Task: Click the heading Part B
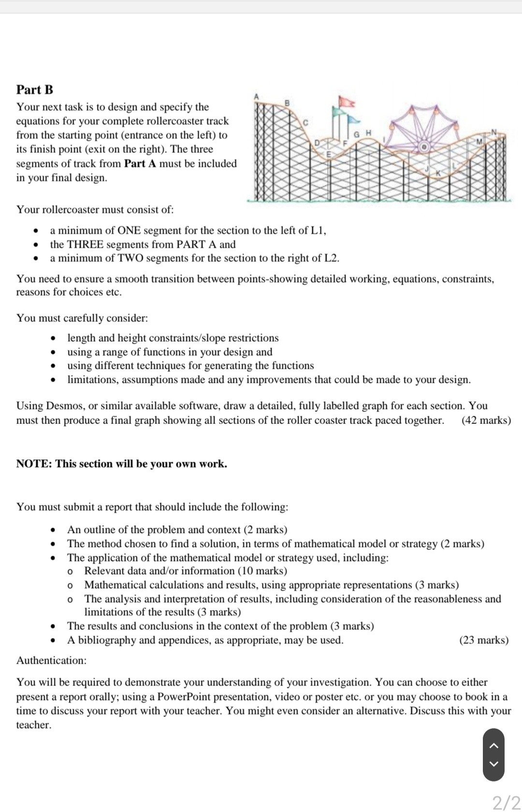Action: (x=35, y=90)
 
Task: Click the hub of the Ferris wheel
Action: (x=424, y=146)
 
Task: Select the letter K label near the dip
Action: (x=439, y=172)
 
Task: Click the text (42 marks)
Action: (x=486, y=420)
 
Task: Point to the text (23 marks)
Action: (x=484, y=640)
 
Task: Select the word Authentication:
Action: (x=51, y=661)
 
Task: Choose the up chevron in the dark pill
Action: (x=493, y=746)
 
